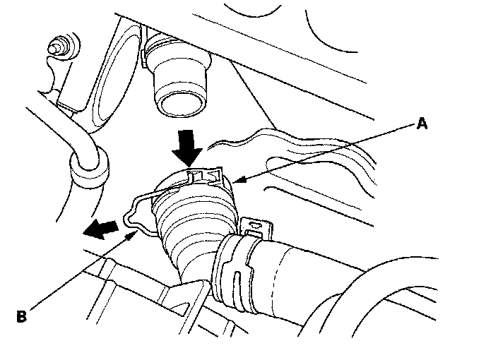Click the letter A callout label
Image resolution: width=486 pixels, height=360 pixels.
(422, 124)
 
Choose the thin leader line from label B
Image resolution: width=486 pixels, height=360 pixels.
(78, 272)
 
